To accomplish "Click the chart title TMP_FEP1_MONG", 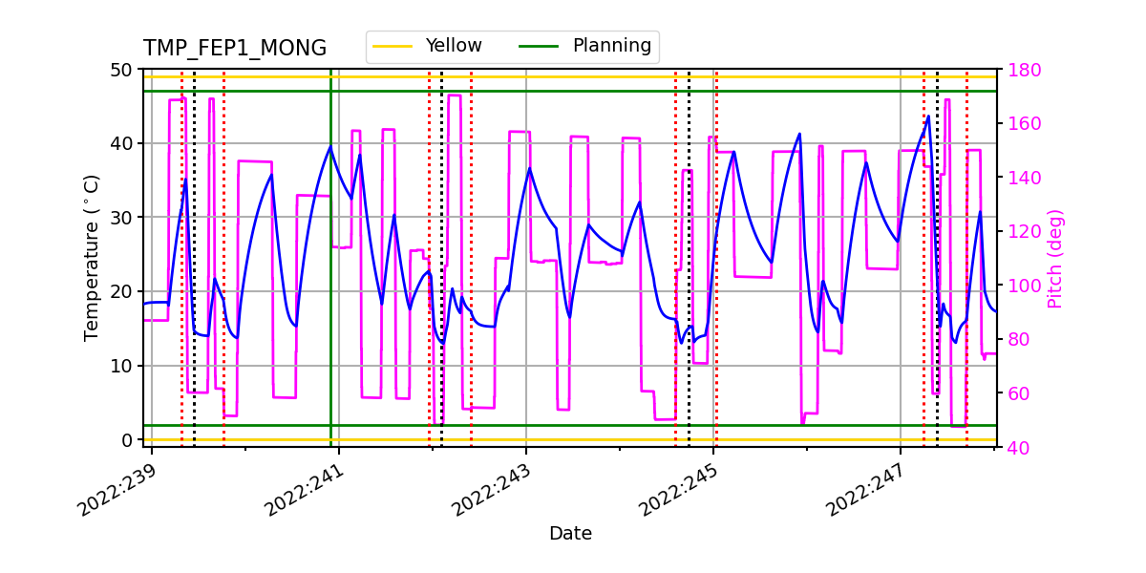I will click(234, 49).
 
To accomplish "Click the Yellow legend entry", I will click(453, 46).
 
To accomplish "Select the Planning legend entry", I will click(611, 46).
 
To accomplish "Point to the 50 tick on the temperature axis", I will click(124, 70).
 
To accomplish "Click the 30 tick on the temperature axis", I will click(124, 218).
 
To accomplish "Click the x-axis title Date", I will click(570, 534).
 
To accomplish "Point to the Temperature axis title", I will click(92, 257).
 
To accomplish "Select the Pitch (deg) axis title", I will click(1054, 258).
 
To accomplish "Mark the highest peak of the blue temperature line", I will click(928, 117).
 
